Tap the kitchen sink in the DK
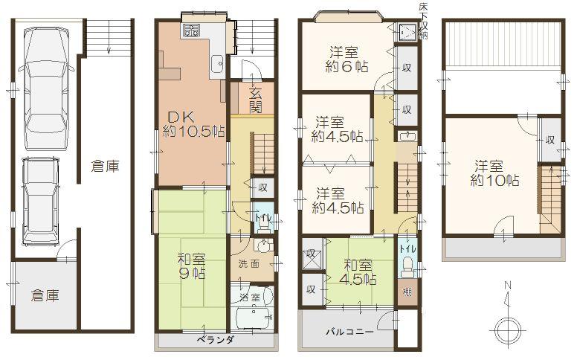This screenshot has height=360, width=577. pyautogui.click(x=217, y=65)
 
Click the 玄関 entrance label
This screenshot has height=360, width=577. pyautogui.click(x=255, y=101)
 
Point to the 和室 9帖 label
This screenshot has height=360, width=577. pyautogui.click(x=191, y=267)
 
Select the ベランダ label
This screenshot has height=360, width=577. pyautogui.click(x=215, y=340)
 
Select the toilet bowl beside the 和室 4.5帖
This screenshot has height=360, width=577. pyautogui.click(x=407, y=266)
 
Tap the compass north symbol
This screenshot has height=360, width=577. pyautogui.click(x=507, y=326)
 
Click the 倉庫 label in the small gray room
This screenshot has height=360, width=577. pyautogui.click(x=45, y=295)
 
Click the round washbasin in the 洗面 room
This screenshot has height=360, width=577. pyautogui.click(x=262, y=247)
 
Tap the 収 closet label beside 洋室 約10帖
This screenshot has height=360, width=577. pyautogui.click(x=549, y=140)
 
